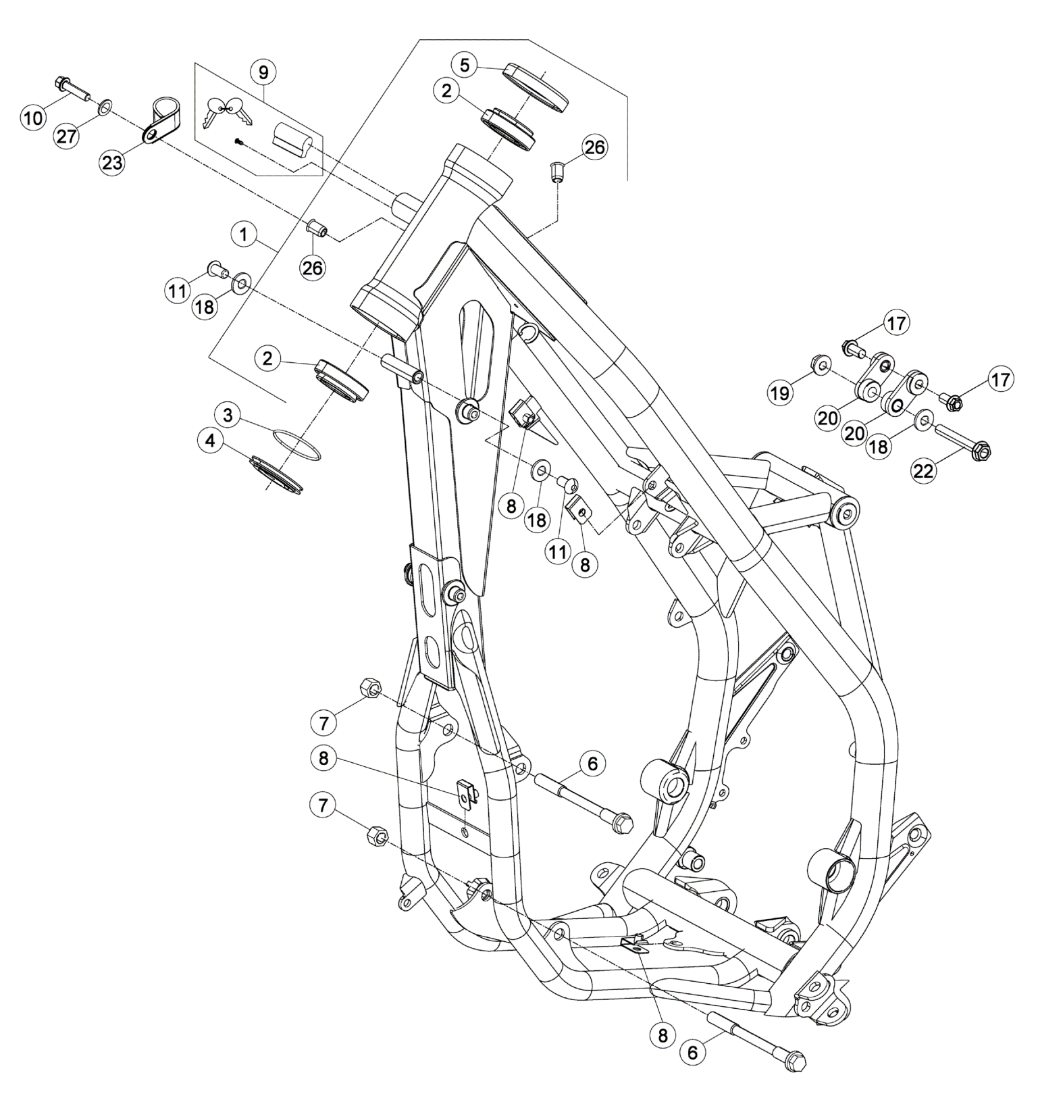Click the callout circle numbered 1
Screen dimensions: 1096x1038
pos(244,235)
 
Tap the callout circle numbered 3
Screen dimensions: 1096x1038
pos(229,414)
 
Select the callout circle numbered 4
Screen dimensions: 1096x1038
pos(211,441)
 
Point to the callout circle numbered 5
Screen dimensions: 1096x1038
pos(465,66)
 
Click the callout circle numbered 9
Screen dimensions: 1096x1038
pos(263,71)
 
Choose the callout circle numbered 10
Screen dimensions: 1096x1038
pos(33,118)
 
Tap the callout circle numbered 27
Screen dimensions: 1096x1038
pos(68,135)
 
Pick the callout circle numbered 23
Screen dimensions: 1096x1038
pos(113,162)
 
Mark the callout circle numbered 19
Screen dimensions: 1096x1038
pos(780,393)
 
